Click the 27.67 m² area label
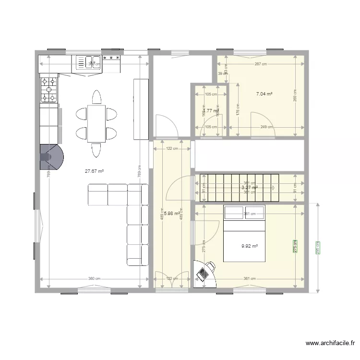[95, 170]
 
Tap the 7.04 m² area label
[264, 94]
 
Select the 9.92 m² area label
[250, 246]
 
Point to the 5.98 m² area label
[171, 214]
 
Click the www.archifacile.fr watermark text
[330, 343]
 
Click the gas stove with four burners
[48, 90]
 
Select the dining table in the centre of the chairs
[96, 123]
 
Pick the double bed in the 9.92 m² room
[244, 234]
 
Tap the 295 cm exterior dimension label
[317, 248]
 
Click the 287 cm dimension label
[261, 64]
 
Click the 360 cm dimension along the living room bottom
[94, 279]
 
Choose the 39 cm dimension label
[223, 73]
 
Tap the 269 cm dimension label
[295, 96]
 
